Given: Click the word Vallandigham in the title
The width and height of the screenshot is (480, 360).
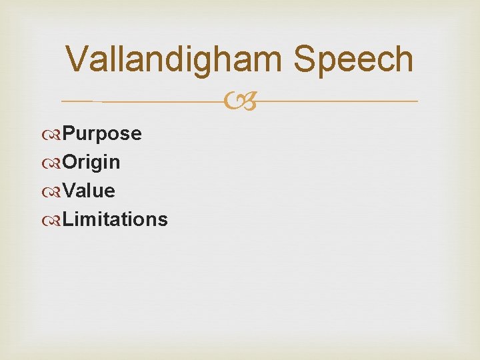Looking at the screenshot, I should coord(176,59).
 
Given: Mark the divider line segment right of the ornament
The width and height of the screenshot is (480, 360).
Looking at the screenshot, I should coord(333,101).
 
